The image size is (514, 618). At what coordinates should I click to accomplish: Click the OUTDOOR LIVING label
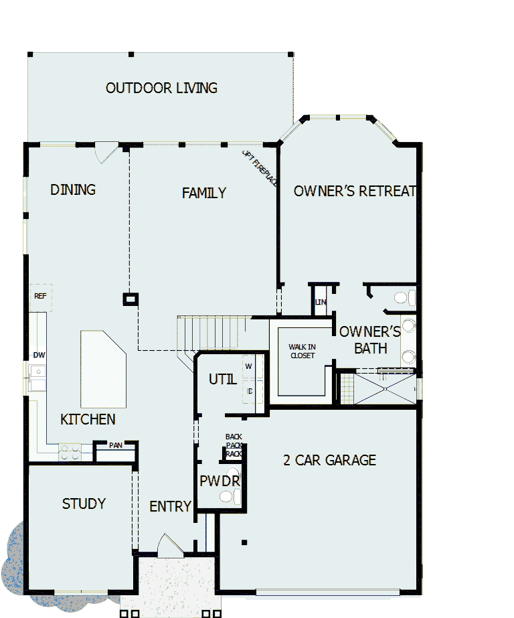pyautogui.click(x=161, y=88)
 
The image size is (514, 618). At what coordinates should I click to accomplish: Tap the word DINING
pyautogui.click(x=73, y=189)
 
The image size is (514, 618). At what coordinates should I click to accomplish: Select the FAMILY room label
pyautogui.click(x=204, y=193)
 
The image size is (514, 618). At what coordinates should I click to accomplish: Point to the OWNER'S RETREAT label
pyautogui.click(x=355, y=191)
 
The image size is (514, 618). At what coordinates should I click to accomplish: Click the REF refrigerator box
pyautogui.click(x=40, y=296)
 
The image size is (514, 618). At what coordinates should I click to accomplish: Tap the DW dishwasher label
pyautogui.click(x=39, y=355)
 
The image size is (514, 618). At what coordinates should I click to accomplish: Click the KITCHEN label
pyautogui.click(x=88, y=420)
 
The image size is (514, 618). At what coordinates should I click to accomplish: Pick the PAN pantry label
pyautogui.click(x=115, y=445)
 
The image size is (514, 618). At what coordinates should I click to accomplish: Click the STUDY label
pyautogui.click(x=84, y=504)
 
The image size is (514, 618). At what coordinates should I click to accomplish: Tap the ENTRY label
pyautogui.click(x=170, y=506)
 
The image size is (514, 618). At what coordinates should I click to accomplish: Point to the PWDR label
pyautogui.click(x=219, y=481)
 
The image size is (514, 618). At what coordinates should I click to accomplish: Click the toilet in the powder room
pyautogui.click(x=230, y=496)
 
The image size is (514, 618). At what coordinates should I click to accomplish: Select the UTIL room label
pyautogui.click(x=222, y=380)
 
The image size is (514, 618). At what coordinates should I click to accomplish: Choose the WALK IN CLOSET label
pyautogui.click(x=302, y=351)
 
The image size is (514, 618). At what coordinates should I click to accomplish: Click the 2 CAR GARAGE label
pyautogui.click(x=329, y=460)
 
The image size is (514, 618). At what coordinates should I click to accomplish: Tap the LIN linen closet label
pyautogui.click(x=321, y=302)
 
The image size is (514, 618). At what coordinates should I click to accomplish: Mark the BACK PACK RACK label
pyautogui.click(x=234, y=445)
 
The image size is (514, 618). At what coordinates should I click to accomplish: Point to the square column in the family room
pyautogui.click(x=131, y=299)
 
